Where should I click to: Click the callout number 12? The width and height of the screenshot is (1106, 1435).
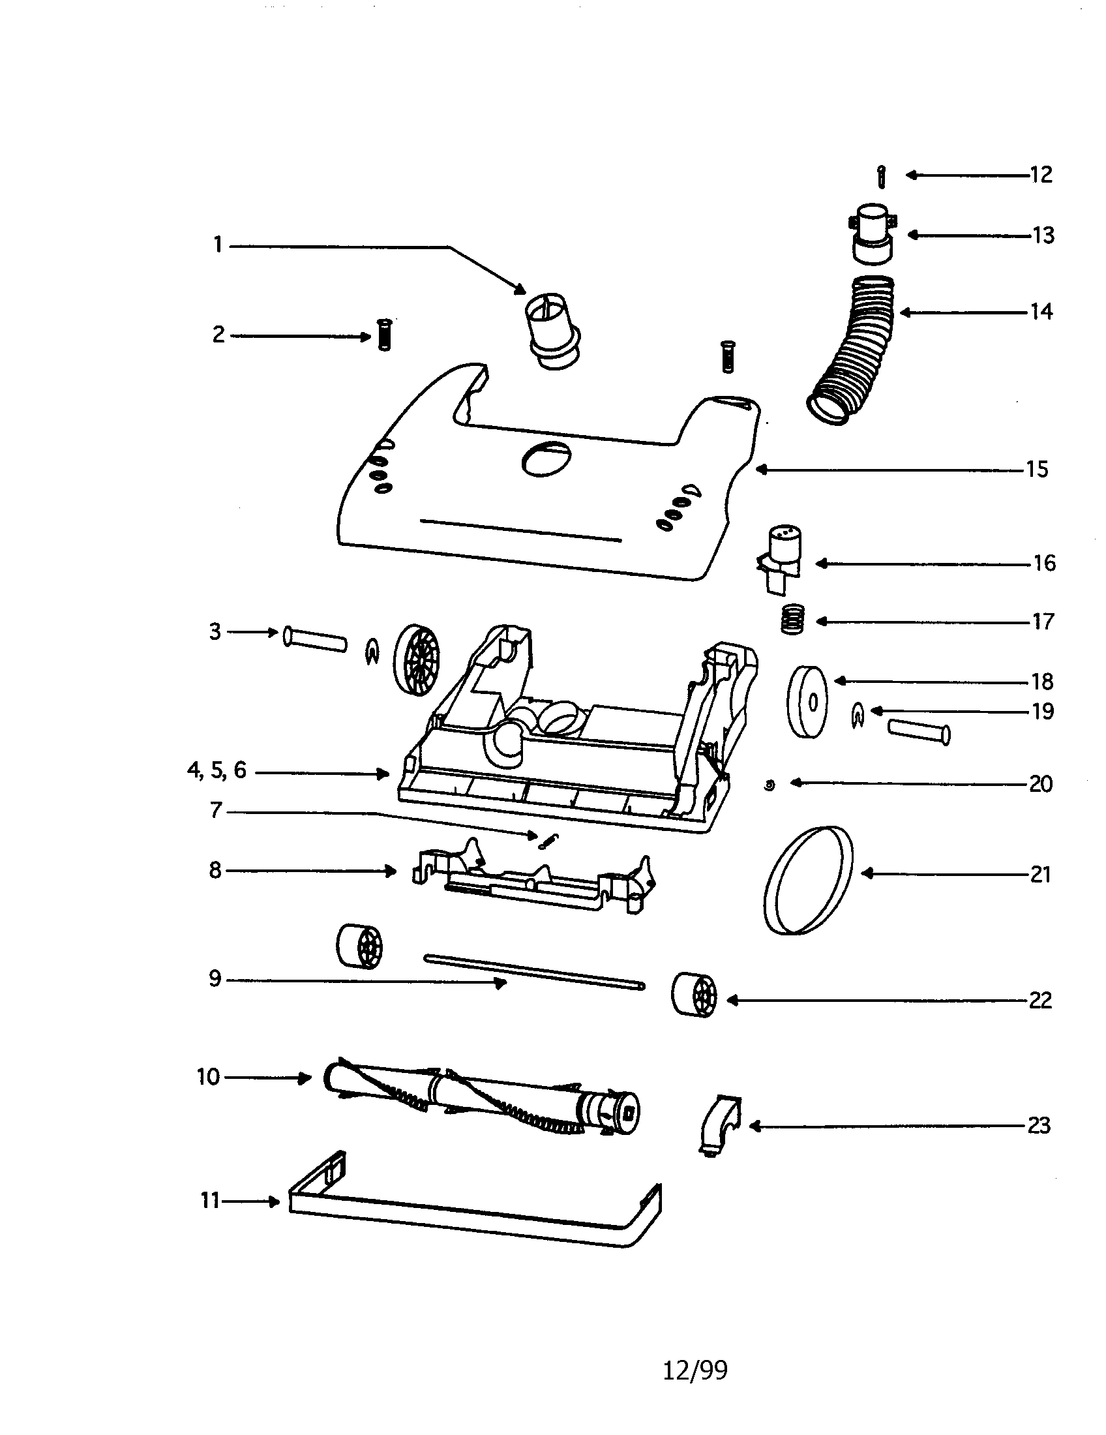(x=1041, y=175)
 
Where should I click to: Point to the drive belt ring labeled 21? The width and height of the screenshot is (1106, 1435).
(x=809, y=880)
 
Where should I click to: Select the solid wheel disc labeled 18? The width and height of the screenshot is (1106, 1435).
(x=807, y=702)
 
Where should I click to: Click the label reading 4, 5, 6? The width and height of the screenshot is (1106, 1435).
(x=217, y=770)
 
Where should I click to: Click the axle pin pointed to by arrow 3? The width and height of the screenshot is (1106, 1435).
(x=314, y=639)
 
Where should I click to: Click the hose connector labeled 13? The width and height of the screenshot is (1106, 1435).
(x=873, y=234)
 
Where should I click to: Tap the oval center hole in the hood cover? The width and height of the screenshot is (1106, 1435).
(x=546, y=459)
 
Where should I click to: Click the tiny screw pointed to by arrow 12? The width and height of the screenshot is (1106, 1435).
(x=882, y=177)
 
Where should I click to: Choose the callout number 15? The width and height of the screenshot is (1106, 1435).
(x=1037, y=470)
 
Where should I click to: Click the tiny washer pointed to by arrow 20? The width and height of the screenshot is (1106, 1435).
(x=770, y=784)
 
